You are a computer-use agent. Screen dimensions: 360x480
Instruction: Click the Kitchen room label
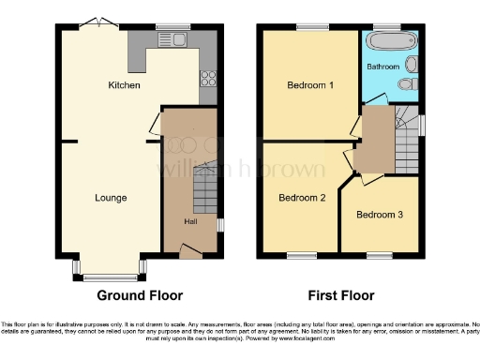point(124,85)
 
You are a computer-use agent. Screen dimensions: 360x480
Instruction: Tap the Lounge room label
point(111,198)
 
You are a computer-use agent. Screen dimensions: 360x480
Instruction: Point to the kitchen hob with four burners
point(206,80)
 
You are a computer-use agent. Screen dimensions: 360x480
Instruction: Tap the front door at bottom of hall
point(190,250)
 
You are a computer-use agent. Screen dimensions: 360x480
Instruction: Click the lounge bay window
point(110,270)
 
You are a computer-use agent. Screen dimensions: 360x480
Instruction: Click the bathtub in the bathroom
point(385,43)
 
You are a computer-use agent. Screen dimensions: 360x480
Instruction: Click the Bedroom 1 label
point(310,85)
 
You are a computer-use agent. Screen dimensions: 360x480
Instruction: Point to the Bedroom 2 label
point(302,198)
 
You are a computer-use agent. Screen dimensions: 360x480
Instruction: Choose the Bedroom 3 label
point(380,215)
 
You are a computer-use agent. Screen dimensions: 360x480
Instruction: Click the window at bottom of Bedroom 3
point(379,254)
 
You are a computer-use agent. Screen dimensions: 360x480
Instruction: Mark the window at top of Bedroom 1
point(310,27)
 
